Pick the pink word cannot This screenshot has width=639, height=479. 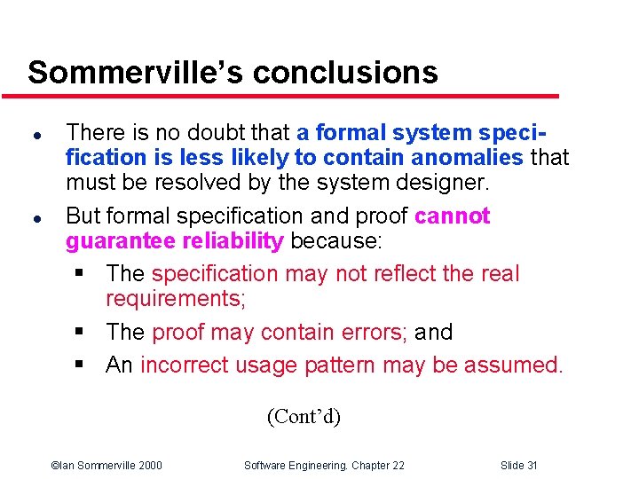click(452, 216)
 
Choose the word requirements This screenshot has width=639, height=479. click(175, 300)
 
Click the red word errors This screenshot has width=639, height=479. click(372, 333)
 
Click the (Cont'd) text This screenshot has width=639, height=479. click(304, 416)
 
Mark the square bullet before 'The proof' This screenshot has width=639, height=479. click(80, 333)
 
